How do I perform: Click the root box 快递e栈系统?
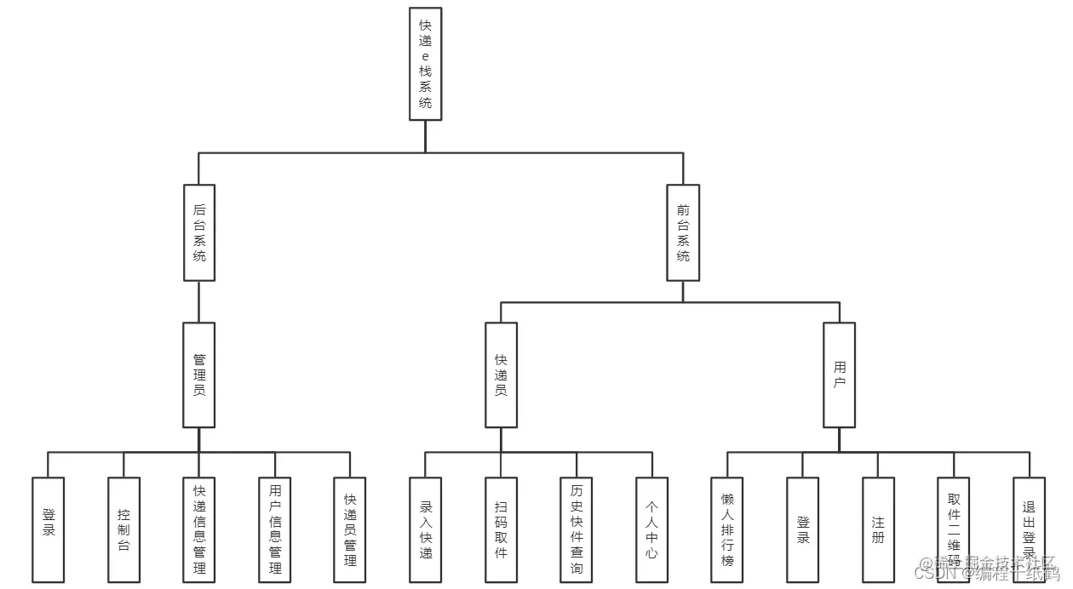click(425, 64)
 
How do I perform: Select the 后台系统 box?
click(199, 232)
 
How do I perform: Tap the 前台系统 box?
click(683, 232)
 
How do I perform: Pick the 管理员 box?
click(199, 375)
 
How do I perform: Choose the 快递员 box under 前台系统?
click(501, 375)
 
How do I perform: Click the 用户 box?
click(839, 375)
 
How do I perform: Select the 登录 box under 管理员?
click(49, 529)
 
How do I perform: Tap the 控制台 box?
click(123, 529)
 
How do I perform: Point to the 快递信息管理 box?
click(199, 529)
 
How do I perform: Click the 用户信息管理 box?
click(275, 529)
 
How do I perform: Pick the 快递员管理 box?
click(350, 529)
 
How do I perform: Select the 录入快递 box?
click(426, 529)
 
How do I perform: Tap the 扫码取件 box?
click(501, 529)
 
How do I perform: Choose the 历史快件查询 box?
click(577, 529)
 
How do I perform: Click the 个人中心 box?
click(651, 529)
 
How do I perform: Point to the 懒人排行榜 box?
click(727, 529)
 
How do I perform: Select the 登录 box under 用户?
click(802, 529)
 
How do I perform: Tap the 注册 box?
click(878, 529)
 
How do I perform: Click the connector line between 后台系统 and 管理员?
click(199, 301)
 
